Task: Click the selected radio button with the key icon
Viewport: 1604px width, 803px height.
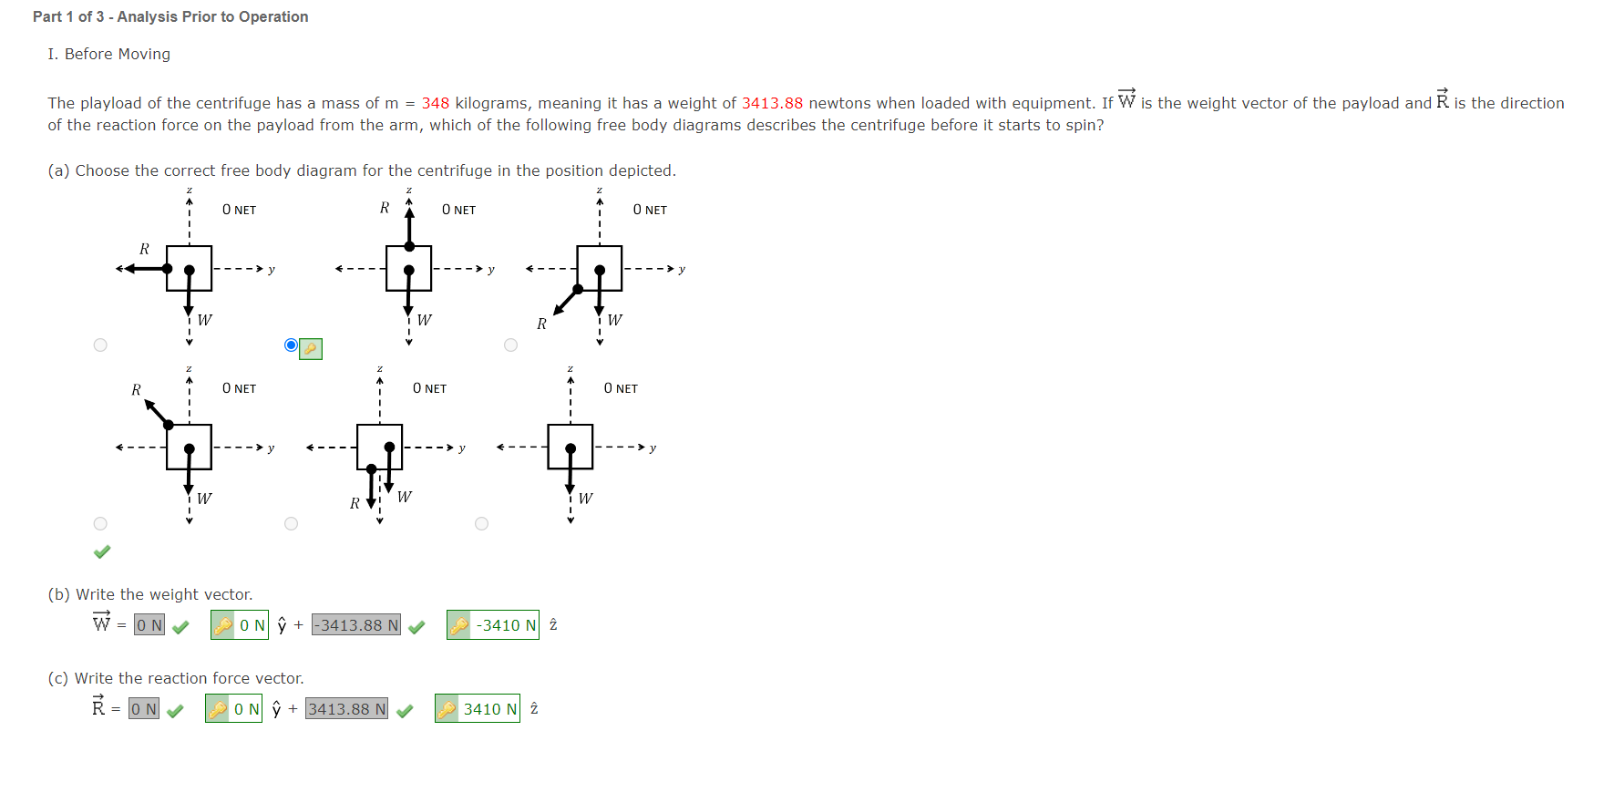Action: tap(291, 345)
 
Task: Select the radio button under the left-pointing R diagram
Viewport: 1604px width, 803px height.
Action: tap(100, 345)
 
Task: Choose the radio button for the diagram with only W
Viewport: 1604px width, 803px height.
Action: tap(481, 524)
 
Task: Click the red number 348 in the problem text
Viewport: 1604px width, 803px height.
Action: tap(435, 104)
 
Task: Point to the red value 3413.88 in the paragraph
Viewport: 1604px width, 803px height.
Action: tap(772, 104)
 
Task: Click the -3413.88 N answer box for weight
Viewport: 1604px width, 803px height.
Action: tap(355, 625)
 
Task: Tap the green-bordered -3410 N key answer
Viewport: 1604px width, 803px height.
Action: tap(493, 625)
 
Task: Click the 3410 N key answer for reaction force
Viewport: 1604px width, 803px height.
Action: tap(478, 709)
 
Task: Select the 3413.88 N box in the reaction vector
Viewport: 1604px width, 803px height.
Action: tap(346, 709)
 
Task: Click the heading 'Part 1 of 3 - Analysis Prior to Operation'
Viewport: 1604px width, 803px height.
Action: tap(170, 17)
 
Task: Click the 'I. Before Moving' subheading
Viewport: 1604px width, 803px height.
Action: tap(108, 55)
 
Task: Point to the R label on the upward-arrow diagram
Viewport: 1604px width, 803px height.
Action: tap(385, 209)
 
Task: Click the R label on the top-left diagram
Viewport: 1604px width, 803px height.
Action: tap(144, 249)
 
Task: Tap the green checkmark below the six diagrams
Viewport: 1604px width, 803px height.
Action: tap(102, 551)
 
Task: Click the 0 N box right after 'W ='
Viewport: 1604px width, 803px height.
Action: tap(149, 625)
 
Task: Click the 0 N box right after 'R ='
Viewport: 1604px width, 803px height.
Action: tap(144, 709)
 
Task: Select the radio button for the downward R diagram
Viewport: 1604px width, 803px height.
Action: tap(291, 524)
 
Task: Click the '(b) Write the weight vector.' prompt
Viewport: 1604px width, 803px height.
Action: tap(150, 595)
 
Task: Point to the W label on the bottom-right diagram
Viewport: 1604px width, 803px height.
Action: tap(585, 499)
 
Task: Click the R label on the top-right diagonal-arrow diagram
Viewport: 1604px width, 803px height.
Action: tap(541, 324)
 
